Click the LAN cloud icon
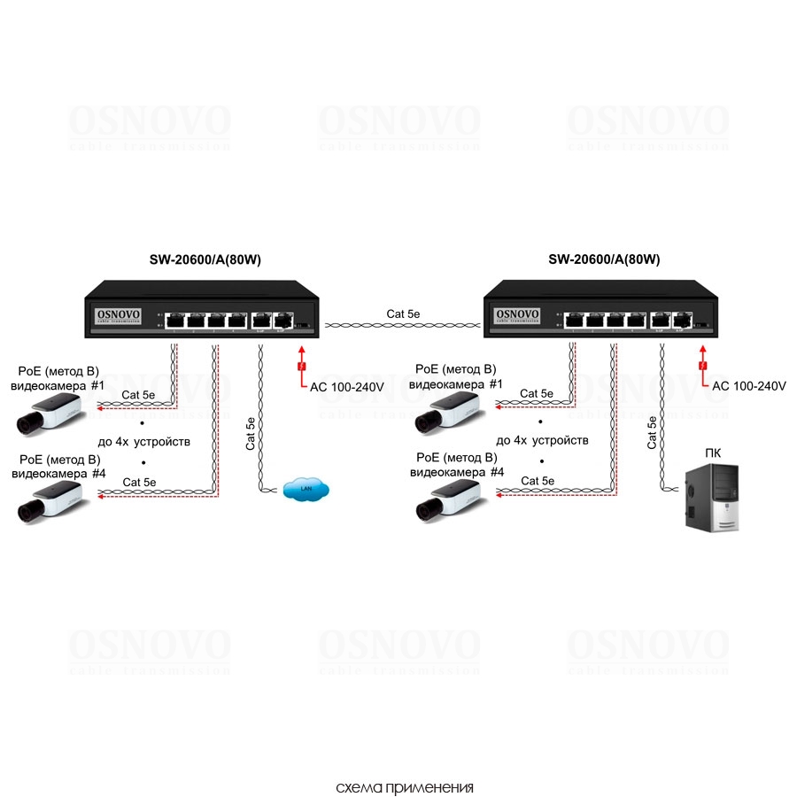(306, 488)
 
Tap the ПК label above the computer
(713, 453)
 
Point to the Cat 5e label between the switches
(404, 313)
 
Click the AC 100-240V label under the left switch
(346, 386)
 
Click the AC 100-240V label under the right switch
(748, 386)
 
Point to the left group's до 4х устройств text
(144, 440)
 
